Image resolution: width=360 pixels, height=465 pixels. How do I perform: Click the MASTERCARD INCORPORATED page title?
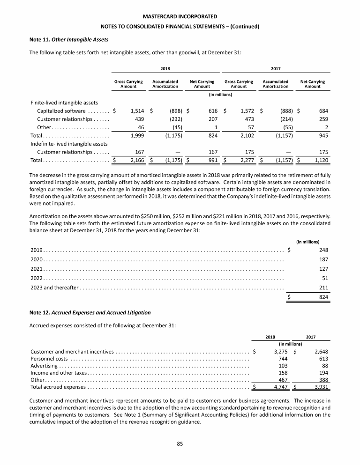point(180,17)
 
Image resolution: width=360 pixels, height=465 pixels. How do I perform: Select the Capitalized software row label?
point(61,111)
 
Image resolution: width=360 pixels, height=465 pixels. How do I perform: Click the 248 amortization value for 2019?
point(323,250)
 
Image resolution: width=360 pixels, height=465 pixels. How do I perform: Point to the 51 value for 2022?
point(324,278)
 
